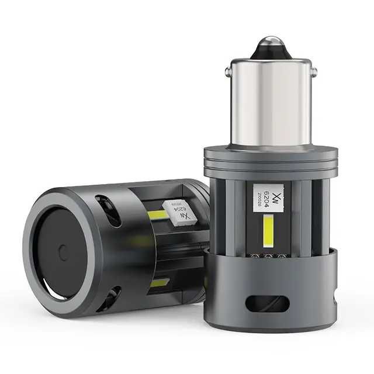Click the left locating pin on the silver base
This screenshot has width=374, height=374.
pos(227,72)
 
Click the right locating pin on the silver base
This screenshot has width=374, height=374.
pos(313,72)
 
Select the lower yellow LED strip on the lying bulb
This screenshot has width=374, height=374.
pos(159,283)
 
